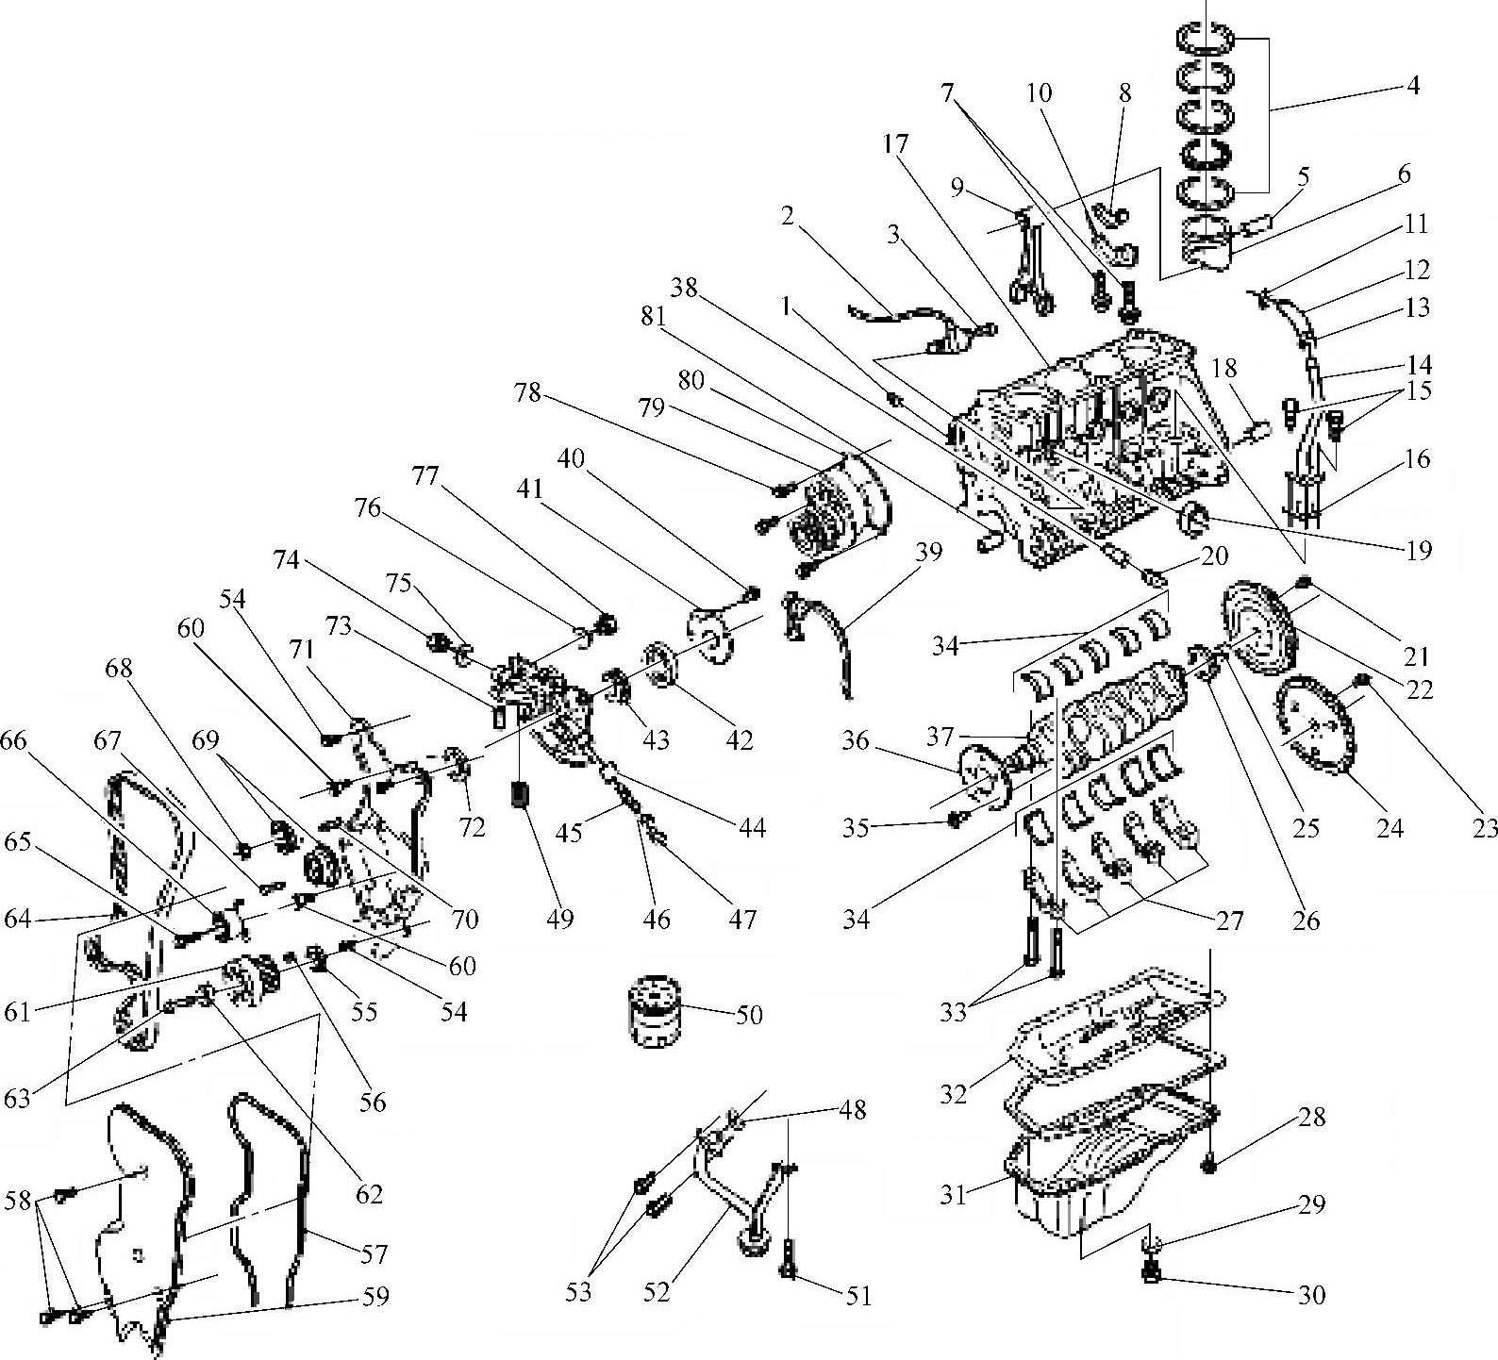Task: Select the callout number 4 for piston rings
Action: [x=1411, y=86]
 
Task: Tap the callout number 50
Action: [x=749, y=1015]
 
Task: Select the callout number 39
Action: [x=929, y=551]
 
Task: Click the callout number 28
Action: [x=1311, y=1117]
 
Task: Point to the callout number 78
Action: [x=527, y=391]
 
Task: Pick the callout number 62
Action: [x=369, y=1193]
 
